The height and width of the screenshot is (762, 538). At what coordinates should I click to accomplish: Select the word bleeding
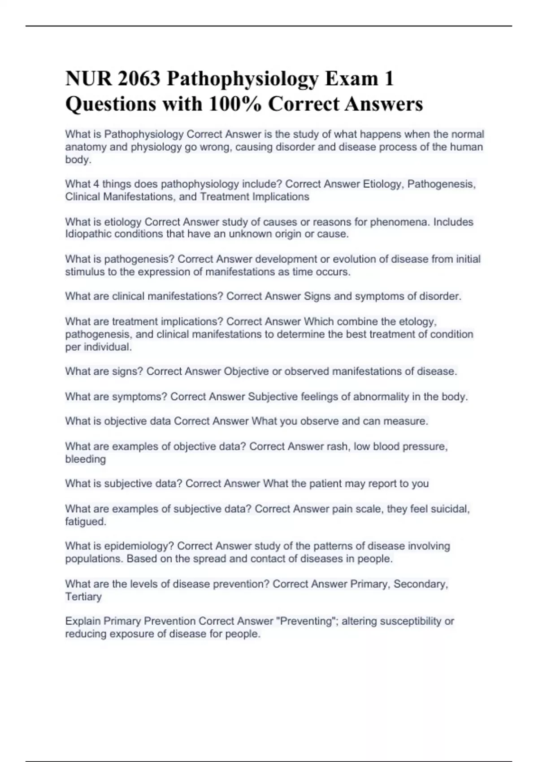(x=86, y=459)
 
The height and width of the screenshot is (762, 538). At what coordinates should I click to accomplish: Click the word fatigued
(x=86, y=522)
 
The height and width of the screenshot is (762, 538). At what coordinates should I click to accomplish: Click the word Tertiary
(x=83, y=597)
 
